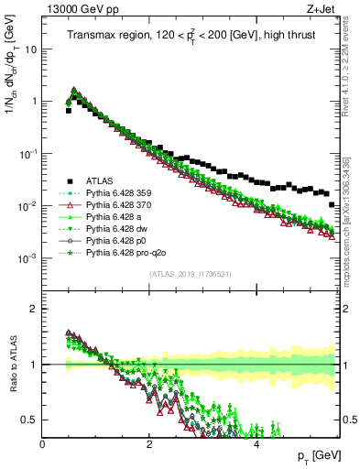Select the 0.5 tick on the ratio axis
(30, 420)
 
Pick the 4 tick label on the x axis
(256, 442)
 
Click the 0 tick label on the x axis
(43, 442)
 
